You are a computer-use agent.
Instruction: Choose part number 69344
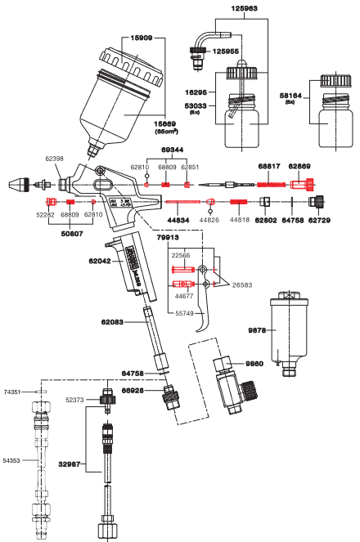click(173, 151)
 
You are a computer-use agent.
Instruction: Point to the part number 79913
click(169, 236)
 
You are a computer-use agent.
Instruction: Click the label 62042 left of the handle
click(101, 262)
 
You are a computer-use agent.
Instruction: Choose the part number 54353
click(12, 461)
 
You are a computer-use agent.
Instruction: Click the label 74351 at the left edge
click(13, 392)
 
